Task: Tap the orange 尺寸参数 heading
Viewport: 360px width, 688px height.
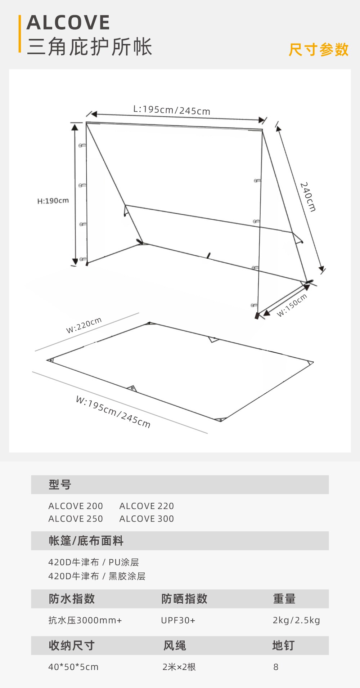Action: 319,50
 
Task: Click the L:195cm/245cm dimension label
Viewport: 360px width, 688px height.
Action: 172,110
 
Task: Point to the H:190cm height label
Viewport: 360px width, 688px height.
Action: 53,201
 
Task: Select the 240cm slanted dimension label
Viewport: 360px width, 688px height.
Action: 308,197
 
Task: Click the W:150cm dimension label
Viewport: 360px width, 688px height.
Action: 292,305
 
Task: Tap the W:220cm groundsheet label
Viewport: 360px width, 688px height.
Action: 84,325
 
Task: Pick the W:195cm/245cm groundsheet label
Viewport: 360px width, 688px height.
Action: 113,412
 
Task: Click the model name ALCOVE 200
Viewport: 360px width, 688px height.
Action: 76,506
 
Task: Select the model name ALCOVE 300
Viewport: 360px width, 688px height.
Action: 147,519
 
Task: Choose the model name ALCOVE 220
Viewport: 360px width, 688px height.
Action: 147,506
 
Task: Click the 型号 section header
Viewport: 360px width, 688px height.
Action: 60,485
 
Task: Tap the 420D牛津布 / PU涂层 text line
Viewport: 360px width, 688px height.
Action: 94,562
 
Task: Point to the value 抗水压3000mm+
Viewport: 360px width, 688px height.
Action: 85,620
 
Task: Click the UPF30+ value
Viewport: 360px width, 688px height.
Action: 178,620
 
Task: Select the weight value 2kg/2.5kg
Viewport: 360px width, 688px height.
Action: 296,620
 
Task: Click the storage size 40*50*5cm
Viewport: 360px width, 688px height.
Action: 73,667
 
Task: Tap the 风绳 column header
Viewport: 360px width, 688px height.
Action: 175,645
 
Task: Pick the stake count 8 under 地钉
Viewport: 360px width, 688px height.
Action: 276,667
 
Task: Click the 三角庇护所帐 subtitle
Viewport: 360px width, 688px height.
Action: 90,47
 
